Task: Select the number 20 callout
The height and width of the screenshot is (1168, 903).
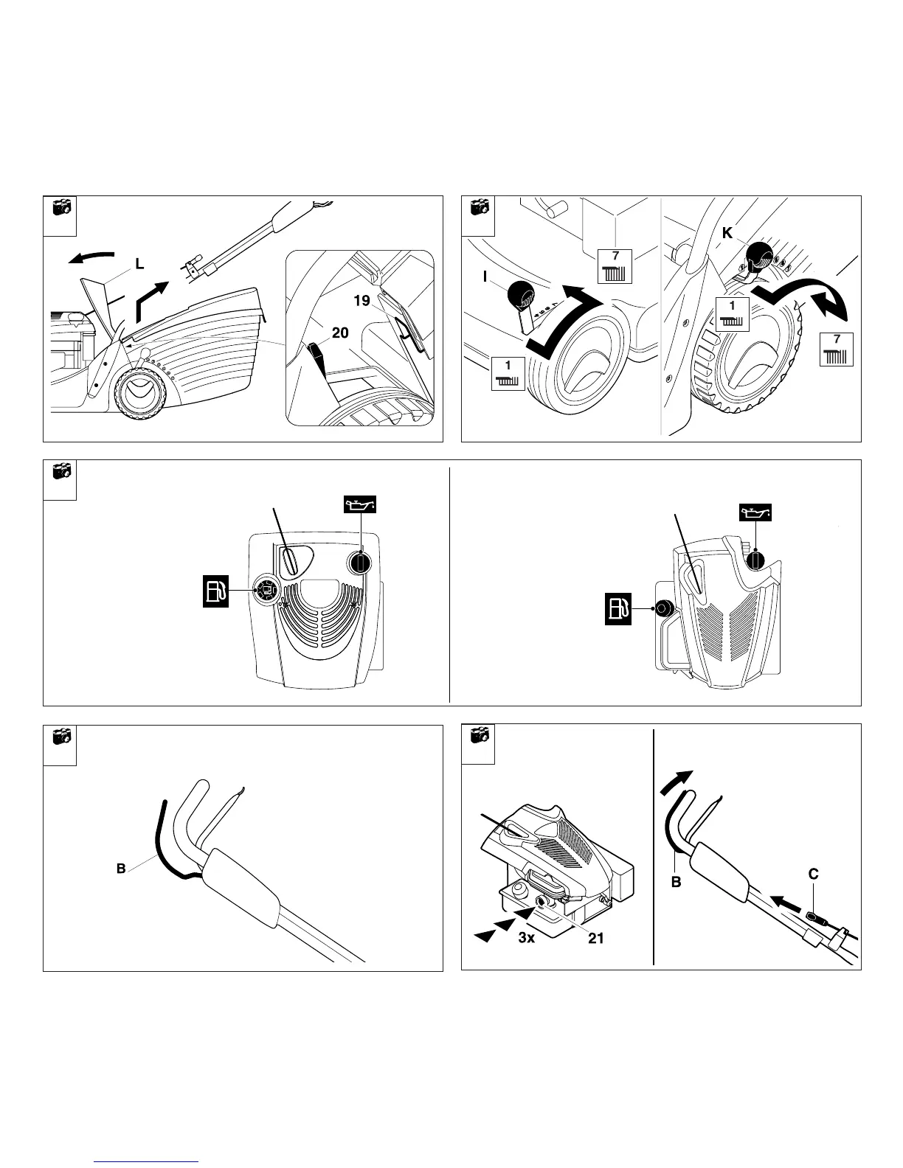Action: tap(339, 333)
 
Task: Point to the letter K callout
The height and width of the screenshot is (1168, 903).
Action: tap(727, 232)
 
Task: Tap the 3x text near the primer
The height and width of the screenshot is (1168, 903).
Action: tap(527, 939)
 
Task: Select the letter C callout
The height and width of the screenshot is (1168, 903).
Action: tap(813, 875)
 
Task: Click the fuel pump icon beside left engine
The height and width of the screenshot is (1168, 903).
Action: tap(217, 592)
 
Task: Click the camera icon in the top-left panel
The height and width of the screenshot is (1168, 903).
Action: tap(60, 208)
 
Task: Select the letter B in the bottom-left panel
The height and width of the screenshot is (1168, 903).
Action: tap(121, 869)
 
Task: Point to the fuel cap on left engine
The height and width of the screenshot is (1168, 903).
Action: tap(266, 589)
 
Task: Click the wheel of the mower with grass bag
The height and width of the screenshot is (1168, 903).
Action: tap(139, 394)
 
